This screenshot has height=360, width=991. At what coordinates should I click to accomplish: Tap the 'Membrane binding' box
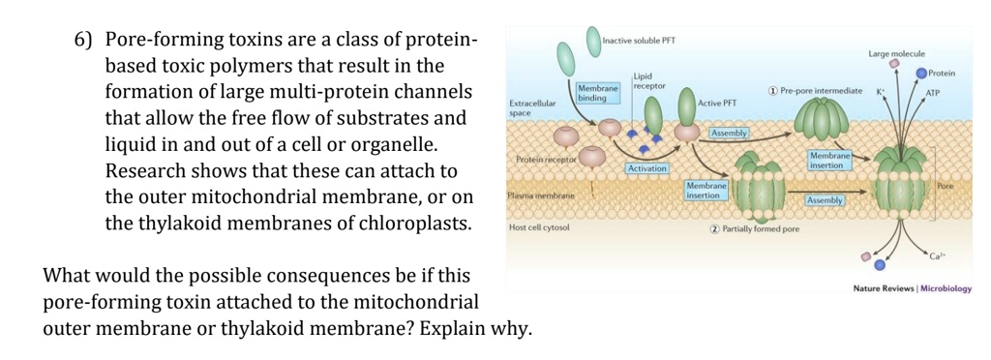tap(593, 93)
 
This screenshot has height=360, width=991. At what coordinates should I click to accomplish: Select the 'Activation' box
tap(647, 168)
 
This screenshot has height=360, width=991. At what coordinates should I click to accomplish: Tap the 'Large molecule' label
tap(896, 52)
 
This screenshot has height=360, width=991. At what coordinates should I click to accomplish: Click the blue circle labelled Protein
tap(921, 73)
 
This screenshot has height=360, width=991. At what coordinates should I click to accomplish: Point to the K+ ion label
tap(882, 90)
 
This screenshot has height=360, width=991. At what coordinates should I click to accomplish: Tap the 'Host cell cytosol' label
tap(539, 227)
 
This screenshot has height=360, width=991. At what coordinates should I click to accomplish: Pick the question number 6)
tap(82, 41)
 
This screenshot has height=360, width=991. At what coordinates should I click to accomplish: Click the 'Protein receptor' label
tap(546, 159)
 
